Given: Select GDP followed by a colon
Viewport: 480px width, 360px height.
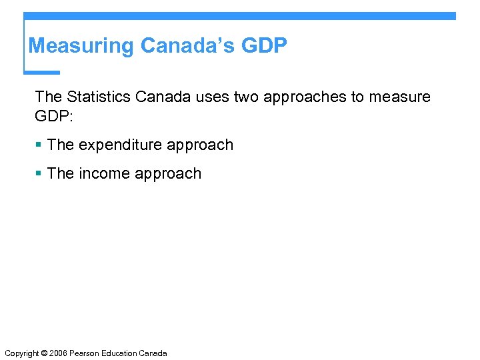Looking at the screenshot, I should [53, 117].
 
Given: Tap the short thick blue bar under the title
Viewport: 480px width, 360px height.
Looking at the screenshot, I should [42, 72].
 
